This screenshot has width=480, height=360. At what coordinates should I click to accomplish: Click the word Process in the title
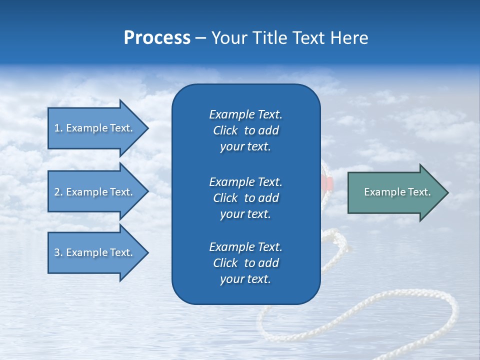coord(157,38)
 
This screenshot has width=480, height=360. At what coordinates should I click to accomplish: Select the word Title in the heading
coord(269,38)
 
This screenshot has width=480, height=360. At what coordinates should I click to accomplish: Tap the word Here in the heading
coord(349,38)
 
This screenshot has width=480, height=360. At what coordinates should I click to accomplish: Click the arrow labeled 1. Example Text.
coord(98,128)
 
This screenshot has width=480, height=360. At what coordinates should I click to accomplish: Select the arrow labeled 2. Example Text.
coord(98,191)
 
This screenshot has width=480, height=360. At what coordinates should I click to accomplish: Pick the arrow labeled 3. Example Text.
coord(98,252)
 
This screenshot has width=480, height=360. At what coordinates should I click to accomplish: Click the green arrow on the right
coord(398,192)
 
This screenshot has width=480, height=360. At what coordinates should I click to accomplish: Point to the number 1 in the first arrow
coord(57,128)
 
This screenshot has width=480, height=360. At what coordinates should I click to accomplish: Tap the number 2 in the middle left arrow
coord(57,192)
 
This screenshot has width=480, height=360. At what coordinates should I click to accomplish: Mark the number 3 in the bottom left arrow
coord(57,252)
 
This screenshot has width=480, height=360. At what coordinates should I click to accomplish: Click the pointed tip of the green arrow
coord(448,192)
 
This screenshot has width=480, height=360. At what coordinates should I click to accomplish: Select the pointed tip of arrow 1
coord(148,128)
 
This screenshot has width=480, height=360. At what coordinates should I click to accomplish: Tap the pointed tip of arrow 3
coord(148,252)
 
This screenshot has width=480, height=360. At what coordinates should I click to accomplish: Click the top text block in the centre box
coord(246,130)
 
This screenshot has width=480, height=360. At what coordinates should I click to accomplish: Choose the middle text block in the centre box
coord(246,198)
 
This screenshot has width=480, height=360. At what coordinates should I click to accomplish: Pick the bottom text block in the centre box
coord(246,263)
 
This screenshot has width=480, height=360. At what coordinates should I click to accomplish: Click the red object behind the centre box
coord(327,183)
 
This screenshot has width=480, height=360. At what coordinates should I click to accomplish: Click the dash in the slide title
coord(200,39)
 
